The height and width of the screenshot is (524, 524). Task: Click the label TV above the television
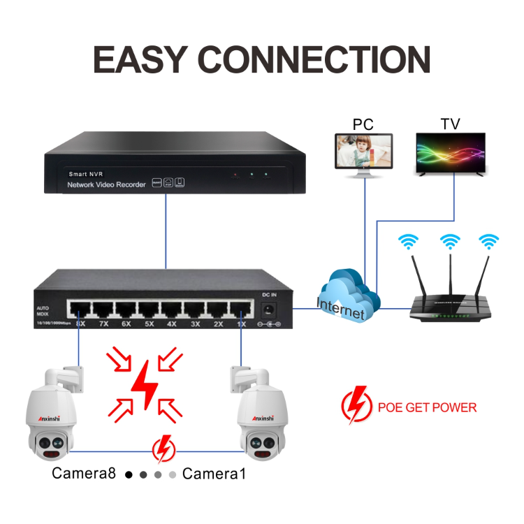450,124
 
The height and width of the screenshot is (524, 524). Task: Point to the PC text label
363,124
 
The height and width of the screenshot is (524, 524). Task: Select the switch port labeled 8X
80,309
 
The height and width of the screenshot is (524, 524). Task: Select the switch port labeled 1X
241,309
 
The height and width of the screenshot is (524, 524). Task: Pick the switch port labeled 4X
172,309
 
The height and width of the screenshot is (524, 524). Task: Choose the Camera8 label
83,474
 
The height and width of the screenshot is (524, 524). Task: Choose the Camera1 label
214,474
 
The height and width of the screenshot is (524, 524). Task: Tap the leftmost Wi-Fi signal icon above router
408,242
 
